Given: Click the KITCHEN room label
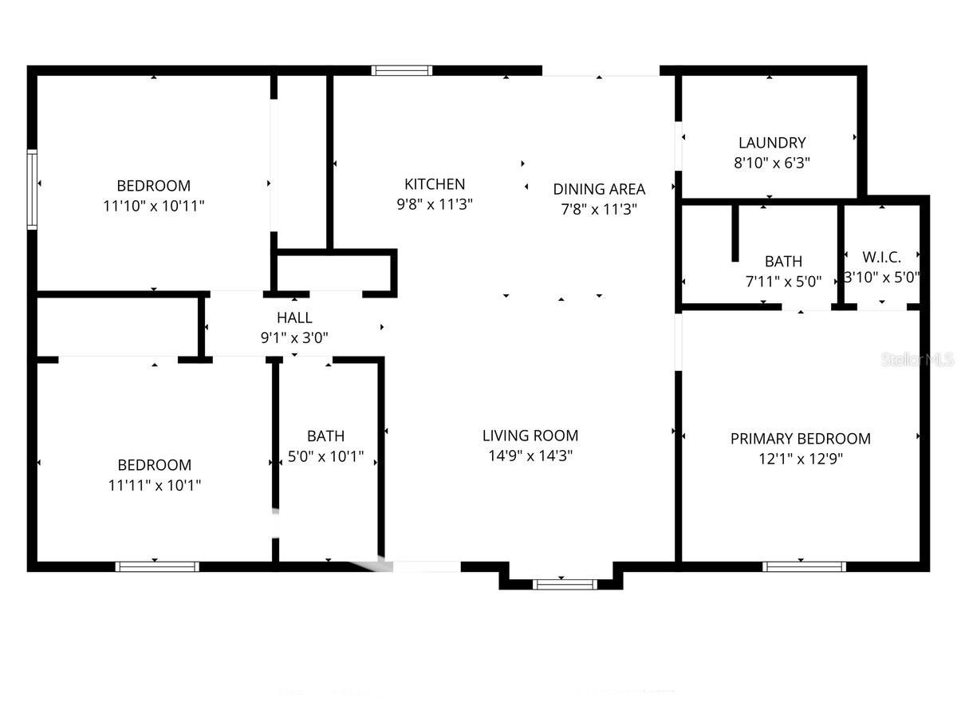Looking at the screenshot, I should pos(435,184).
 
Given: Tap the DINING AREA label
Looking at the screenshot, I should pos(599,189).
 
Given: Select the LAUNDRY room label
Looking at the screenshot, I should pos(771,144).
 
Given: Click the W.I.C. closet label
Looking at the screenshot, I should pos(881,258).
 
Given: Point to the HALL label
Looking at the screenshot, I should pos(294,318).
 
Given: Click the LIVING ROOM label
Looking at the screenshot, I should pos(530,436).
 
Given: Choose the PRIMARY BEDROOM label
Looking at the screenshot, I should pos(800,439).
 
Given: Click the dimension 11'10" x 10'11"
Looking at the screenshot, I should pos(154,206).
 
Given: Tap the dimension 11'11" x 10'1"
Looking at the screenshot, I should pos(154,485).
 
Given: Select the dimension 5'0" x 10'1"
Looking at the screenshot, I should pos(325,457).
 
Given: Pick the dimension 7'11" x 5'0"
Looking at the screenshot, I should pos(783,282).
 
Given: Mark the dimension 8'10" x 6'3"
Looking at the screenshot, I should pos(771,164).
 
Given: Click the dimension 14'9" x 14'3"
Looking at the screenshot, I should pos(530,456).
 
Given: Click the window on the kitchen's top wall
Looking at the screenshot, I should pos(403,70).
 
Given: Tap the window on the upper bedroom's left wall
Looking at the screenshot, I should pos(33,190).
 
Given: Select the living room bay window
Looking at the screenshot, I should pos(564,584).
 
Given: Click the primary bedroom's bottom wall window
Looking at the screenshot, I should pos(804,566).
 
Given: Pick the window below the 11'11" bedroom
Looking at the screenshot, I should pos(157,566).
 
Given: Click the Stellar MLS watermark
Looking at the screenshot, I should pos(917,361).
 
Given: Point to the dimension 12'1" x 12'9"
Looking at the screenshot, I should pos(800,460).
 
